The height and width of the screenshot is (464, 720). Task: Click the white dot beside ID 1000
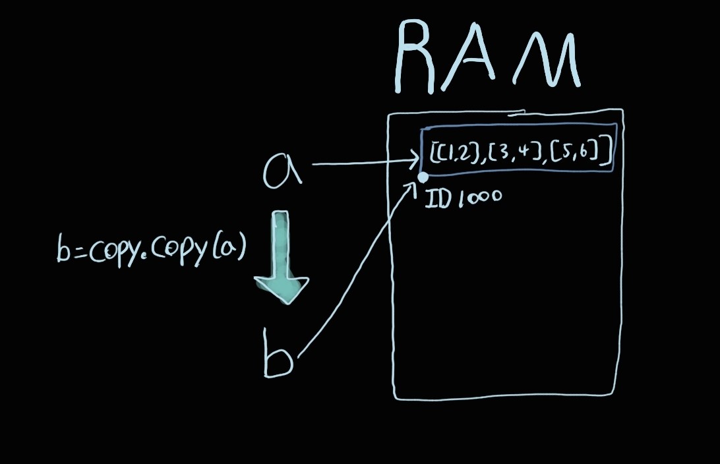click(423, 177)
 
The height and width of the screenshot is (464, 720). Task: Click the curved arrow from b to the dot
click(356, 277)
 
